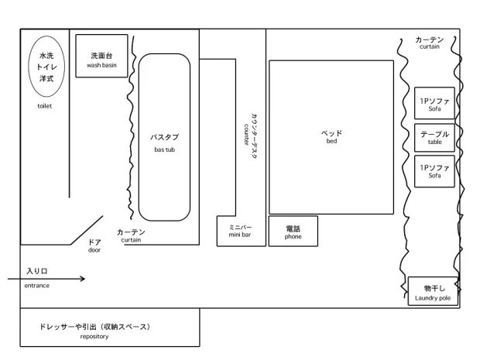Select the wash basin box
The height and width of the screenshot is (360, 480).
click(x=101, y=56)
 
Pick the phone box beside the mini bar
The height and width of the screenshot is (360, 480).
click(x=293, y=231)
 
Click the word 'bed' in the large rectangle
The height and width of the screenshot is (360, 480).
click(x=331, y=142)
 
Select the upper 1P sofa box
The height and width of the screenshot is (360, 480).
click(x=434, y=104)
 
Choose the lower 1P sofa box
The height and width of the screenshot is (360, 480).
click(x=434, y=170)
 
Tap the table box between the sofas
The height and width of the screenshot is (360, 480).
click(x=434, y=138)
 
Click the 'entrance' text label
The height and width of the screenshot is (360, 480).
click(x=36, y=286)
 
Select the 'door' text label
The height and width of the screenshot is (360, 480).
click(x=94, y=250)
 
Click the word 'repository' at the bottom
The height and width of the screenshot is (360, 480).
click(x=94, y=337)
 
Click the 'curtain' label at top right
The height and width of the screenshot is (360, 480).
click(x=429, y=46)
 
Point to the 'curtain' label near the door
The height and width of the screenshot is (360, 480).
click(x=131, y=240)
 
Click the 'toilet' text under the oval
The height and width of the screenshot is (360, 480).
click(x=44, y=106)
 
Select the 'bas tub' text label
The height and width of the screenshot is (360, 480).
click(x=164, y=149)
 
